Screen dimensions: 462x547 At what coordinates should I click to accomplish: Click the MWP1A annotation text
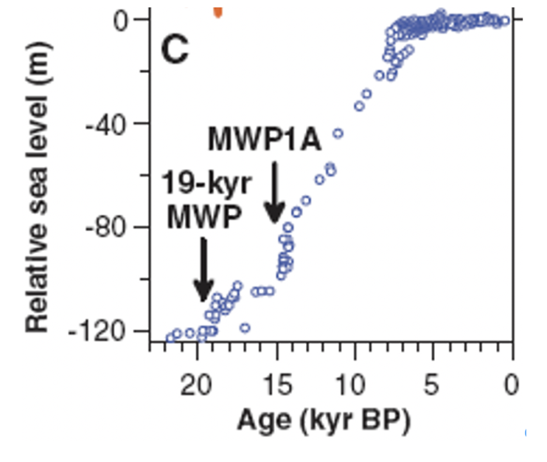(264, 138)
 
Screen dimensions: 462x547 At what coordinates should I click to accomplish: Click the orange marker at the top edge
(217, 11)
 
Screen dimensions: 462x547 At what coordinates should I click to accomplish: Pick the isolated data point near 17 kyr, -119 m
(245, 328)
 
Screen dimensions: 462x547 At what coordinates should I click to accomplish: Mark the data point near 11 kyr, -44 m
(338, 134)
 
